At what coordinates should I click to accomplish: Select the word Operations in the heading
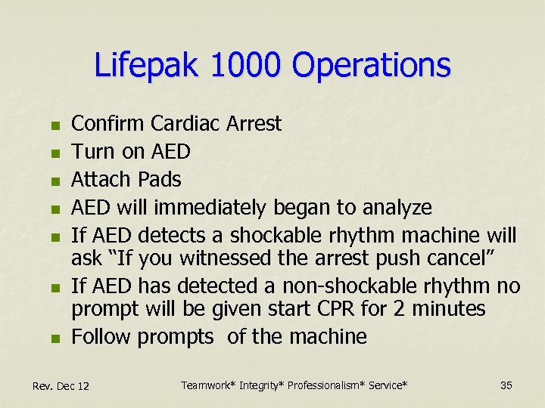(371, 66)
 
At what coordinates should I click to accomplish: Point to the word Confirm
(107, 123)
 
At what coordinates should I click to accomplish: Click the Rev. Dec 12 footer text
(61, 387)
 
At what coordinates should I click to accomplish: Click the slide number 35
(506, 386)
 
